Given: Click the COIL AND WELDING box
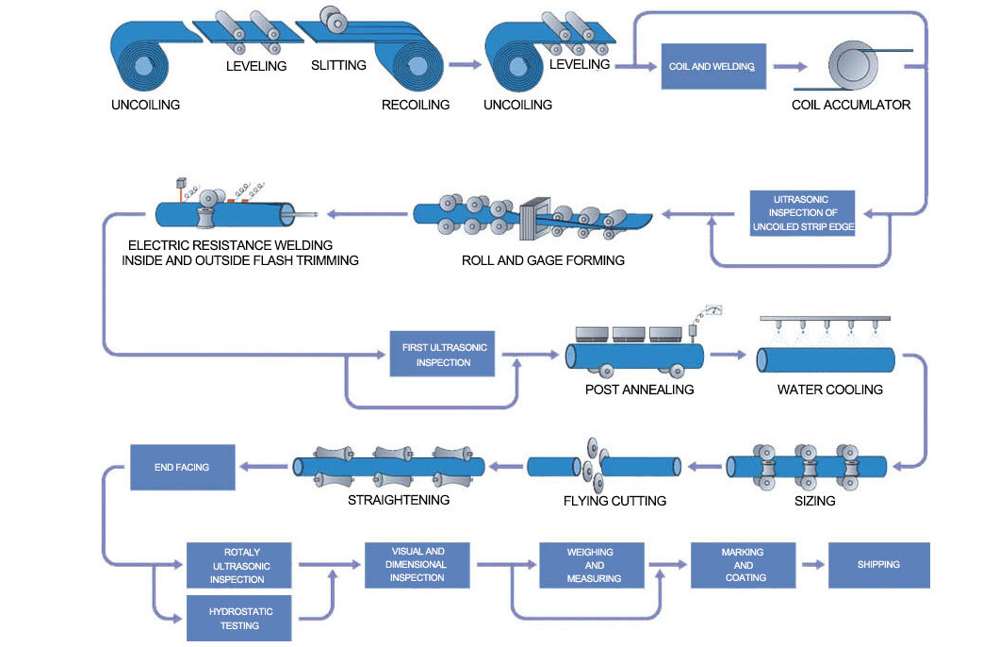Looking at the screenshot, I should [712, 66].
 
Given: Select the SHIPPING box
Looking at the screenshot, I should [878, 565].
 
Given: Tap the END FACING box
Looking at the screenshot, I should [182, 467].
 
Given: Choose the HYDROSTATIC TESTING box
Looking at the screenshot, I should [240, 618].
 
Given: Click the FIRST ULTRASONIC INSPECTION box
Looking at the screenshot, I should [442, 354].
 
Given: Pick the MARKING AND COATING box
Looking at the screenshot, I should [744, 565].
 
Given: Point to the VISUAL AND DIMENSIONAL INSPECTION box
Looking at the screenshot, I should [418, 564].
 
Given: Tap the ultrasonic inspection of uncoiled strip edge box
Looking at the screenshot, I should [802, 213].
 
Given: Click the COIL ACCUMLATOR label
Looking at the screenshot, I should [851, 105].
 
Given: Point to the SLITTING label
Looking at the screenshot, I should [338, 66].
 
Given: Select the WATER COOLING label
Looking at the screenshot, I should [829, 390].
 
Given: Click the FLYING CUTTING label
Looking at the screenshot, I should [614, 501].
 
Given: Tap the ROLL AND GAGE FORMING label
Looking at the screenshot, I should [543, 260].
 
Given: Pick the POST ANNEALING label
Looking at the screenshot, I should [639, 390].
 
